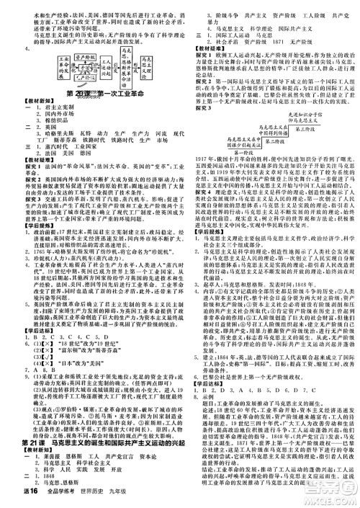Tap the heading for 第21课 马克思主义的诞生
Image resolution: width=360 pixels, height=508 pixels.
point(94,441)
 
